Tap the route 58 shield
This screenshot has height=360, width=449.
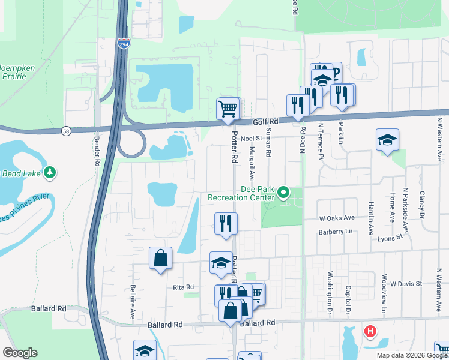(66, 130)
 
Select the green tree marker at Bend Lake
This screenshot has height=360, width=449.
(50, 173)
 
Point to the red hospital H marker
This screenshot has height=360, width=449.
(371, 331)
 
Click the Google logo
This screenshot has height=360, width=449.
(20, 353)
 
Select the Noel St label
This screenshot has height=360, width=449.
(252, 138)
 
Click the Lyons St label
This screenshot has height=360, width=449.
(390, 238)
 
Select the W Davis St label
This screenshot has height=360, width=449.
(407, 283)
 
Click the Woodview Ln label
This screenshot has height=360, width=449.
(383, 294)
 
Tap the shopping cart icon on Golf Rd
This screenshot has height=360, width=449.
(228, 109)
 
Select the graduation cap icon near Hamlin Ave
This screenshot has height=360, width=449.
(387, 140)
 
